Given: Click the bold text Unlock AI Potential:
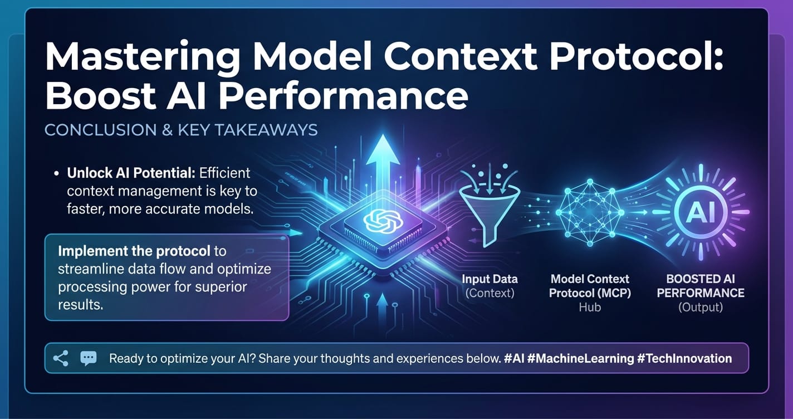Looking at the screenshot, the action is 131,173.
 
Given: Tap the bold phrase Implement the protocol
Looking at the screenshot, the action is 134,251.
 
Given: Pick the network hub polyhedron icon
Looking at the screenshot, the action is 589,212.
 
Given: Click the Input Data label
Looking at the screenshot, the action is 489,279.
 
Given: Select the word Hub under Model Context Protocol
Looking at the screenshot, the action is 590,307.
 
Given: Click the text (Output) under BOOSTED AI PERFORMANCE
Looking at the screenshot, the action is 701,307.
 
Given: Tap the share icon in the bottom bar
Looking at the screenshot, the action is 61,358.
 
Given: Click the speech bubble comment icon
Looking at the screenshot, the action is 88,358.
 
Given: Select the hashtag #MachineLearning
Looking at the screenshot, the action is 580,358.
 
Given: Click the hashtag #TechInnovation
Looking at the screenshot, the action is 684,358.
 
